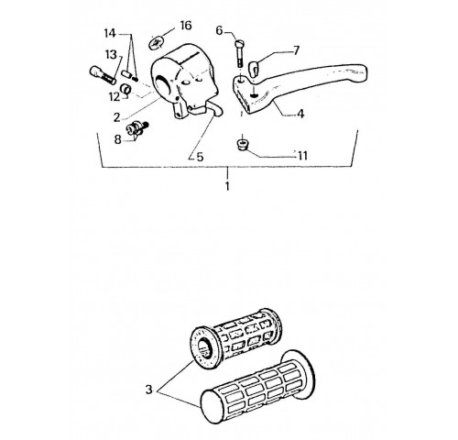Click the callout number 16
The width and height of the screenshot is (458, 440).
coord(186,26)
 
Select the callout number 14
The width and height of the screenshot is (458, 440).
coord(110,33)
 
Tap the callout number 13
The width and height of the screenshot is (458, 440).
coord(111,55)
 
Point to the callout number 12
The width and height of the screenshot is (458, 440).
coord(114,97)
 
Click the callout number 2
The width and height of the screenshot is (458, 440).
coord(117,117)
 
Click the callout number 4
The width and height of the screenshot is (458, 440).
coord(300,114)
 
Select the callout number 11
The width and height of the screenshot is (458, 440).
coord(302,156)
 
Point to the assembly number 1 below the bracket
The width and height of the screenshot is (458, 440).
coord(227,186)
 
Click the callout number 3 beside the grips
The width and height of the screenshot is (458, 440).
coord(148,390)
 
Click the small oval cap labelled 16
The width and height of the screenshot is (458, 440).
coord(157,42)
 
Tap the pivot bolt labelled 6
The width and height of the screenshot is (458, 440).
coord(239,53)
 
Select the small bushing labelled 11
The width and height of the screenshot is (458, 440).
coord(243,145)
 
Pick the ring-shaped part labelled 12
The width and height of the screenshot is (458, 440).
coord(126,88)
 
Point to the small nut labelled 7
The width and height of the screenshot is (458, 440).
coord(254,68)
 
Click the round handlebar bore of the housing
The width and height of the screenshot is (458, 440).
coord(164,84)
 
